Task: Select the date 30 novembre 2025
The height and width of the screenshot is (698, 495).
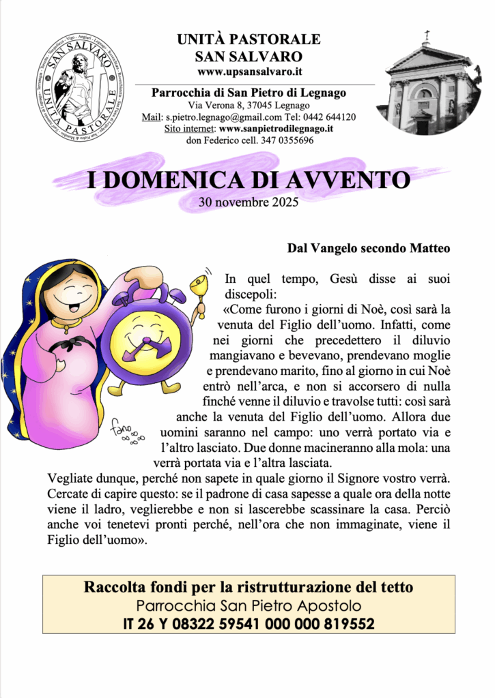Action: pos(249,202)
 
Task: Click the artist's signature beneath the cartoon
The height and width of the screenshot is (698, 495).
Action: pos(125,431)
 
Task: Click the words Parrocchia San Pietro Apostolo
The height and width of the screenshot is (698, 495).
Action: pos(249,605)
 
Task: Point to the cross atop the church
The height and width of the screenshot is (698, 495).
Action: pos(428,35)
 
